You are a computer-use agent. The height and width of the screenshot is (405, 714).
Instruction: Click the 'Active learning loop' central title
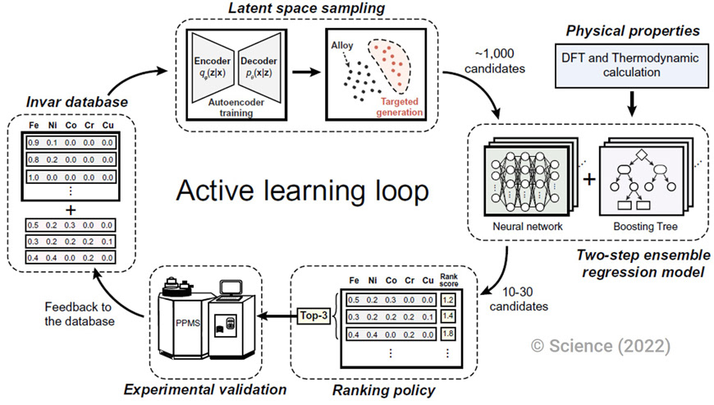[x=301, y=192]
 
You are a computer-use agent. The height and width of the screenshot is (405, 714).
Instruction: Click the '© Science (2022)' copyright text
[x=600, y=346]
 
